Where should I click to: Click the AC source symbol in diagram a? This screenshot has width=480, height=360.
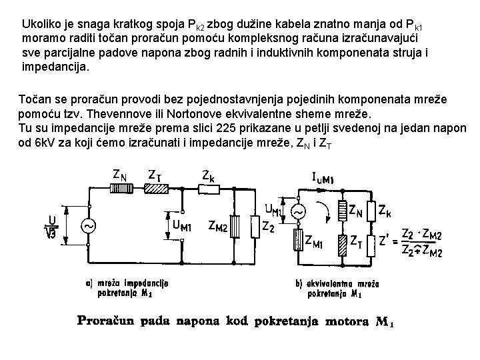tap(88, 226)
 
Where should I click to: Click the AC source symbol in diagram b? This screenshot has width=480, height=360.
tap(299, 213)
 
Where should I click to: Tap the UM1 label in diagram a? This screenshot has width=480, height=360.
tap(181, 225)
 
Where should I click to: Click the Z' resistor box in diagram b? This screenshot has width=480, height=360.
tap(371, 240)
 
